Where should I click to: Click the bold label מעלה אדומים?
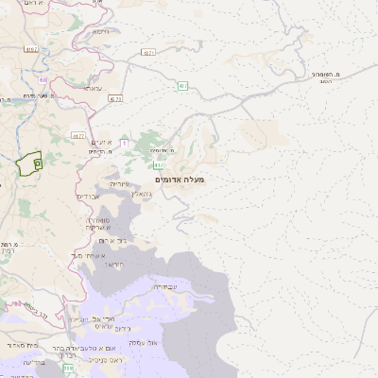tap(178, 179)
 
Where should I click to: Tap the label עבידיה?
tap(163, 285)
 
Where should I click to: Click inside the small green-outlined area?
tap(30, 163)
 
